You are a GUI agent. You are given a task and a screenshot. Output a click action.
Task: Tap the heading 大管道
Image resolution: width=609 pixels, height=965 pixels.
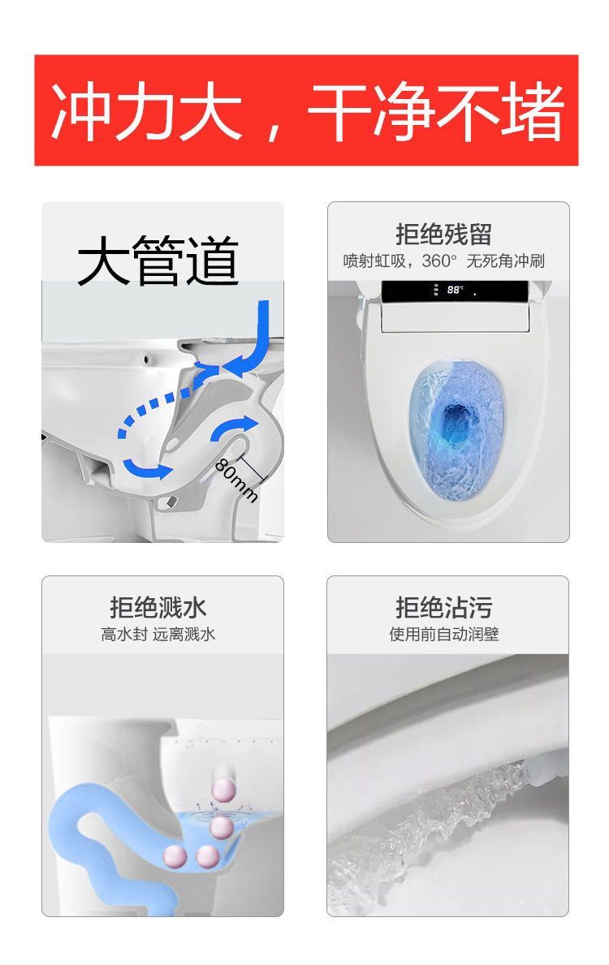point(158,261)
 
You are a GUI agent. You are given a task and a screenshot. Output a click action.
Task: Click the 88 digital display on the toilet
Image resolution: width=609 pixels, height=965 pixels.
point(455,289)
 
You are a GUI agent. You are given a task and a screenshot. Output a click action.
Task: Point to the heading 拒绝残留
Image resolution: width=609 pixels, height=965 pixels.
point(443,234)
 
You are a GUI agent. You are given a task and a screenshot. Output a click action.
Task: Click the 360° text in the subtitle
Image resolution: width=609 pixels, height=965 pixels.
point(439,261)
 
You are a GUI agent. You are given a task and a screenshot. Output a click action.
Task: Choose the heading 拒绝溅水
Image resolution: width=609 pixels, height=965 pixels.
point(158,607)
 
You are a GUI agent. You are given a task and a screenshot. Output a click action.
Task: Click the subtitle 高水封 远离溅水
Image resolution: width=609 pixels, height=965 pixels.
point(158,634)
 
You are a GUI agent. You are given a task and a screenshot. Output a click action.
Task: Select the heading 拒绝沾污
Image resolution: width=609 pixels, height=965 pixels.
point(443,607)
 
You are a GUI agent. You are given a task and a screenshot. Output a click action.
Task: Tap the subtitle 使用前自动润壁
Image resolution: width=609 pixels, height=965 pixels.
point(444,634)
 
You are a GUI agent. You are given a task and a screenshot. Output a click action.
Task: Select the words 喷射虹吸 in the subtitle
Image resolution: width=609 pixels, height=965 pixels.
point(374,261)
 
